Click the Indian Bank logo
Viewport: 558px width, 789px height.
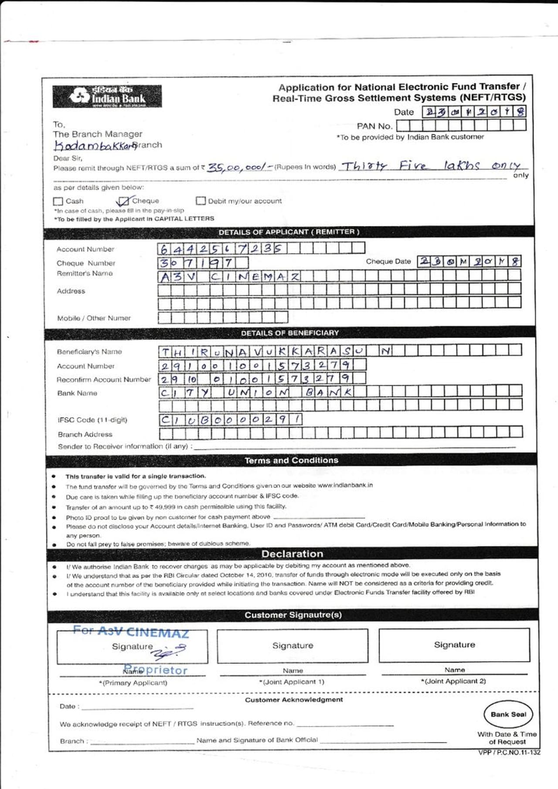pyautogui.click(x=107, y=96)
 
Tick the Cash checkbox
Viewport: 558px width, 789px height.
pyautogui.click(x=58, y=201)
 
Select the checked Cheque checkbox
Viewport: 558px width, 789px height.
pyautogui.click(x=124, y=201)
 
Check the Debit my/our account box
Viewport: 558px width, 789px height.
pyautogui.click(x=201, y=201)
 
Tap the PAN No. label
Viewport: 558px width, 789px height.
pyautogui.click(x=374, y=126)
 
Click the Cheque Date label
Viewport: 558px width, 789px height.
pyautogui.click(x=388, y=262)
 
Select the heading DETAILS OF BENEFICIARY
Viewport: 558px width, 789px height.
pyautogui.click(x=290, y=333)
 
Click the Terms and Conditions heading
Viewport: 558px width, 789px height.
pyautogui.click(x=291, y=460)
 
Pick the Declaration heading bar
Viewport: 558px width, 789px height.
pyautogui.click(x=292, y=554)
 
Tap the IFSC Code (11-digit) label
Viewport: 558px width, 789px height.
pyautogui.click(x=92, y=420)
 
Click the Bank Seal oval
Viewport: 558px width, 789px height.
pyautogui.click(x=508, y=714)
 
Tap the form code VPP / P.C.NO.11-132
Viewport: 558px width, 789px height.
pyautogui.click(x=509, y=752)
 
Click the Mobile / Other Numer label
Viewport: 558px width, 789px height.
pyautogui.click(x=94, y=318)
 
